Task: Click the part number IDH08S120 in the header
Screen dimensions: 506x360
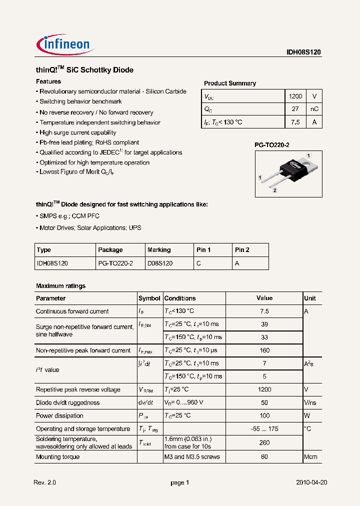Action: pos(304,52)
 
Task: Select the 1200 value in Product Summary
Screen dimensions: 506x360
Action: pos(295,96)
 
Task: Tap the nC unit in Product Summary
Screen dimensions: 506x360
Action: pos(314,109)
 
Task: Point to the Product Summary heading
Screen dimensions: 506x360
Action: pos(229,83)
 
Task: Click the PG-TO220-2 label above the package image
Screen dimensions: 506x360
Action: pos(272,144)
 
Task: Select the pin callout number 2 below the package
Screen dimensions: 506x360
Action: pos(274,190)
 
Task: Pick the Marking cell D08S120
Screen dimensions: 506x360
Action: pos(160,263)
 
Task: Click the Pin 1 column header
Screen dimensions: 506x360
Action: pos(202,250)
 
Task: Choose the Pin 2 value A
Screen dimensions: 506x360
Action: pos(237,263)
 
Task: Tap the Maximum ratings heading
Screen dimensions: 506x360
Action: pos(60,286)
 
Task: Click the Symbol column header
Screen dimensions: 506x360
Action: pos(149,298)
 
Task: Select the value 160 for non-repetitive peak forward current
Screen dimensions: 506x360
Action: pos(264,350)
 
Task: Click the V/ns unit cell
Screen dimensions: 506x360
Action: pos(310,402)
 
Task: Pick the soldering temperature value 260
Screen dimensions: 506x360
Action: pos(264,442)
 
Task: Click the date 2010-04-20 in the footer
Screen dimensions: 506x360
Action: pos(311,482)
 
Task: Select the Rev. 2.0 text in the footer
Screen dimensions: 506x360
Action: pos(45,482)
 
